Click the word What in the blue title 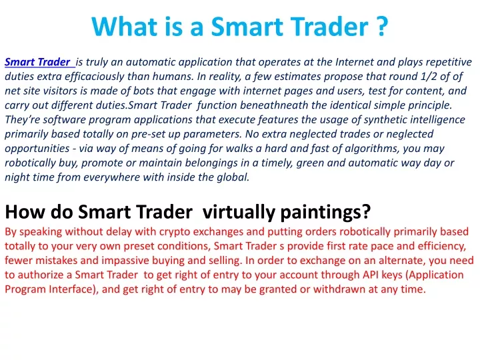pyautogui.click(x=124, y=26)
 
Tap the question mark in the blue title pyautogui.click(x=381, y=26)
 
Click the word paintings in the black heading pyautogui.click(x=325, y=211)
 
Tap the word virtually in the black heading pyautogui.click(x=239, y=211)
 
